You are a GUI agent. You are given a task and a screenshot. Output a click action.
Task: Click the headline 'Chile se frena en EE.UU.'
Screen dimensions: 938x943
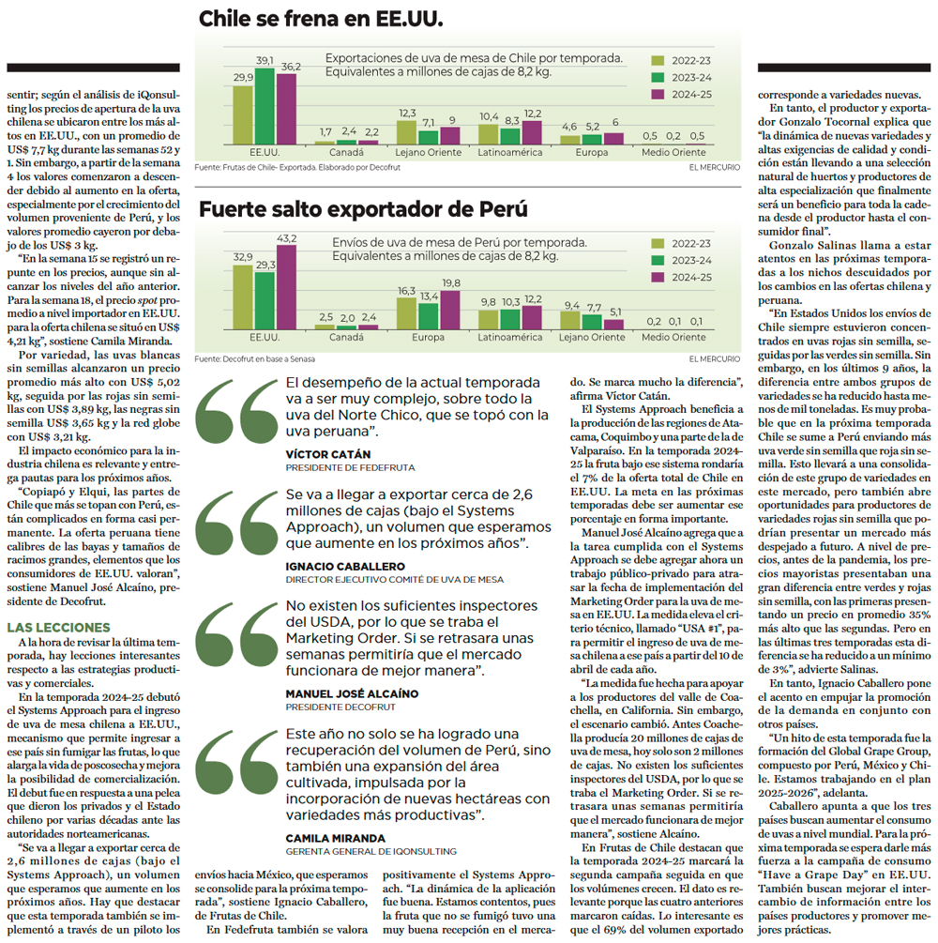click(321, 19)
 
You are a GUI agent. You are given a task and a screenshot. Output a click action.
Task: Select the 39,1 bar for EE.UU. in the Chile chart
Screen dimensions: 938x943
click(265, 106)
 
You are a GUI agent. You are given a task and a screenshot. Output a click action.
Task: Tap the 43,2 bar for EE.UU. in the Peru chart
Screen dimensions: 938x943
click(286, 287)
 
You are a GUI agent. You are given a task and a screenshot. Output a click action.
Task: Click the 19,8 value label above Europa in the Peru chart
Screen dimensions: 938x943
click(451, 282)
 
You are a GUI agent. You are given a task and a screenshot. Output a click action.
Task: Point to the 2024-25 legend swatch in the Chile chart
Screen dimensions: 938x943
click(658, 95)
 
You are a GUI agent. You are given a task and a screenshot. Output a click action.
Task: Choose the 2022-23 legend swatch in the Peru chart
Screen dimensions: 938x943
click(658, 244)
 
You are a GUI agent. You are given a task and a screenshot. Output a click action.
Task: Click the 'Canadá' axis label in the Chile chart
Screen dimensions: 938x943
click(346, 152)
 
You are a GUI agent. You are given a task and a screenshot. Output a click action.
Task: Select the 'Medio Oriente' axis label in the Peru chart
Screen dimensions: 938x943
click(673, 338)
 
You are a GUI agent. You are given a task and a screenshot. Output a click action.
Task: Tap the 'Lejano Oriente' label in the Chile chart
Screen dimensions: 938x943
click(428, 152)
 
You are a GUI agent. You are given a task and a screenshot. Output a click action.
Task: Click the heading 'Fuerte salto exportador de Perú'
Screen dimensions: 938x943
click(363, 209)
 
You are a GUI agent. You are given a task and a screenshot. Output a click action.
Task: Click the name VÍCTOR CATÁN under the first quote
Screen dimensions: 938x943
click(327, 455)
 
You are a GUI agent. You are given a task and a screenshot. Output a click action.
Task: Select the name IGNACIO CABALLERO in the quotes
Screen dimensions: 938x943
click(345, 567)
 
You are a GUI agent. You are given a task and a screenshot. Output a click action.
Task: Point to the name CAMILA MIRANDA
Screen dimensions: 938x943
click(336, 838)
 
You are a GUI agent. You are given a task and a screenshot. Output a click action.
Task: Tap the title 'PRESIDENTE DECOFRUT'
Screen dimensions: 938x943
click(340, 707)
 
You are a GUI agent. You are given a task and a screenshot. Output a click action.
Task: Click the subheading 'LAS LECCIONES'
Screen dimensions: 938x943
click(58, 628)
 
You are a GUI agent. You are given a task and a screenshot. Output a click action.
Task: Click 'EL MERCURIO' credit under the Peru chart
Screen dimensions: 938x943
click(715, 359)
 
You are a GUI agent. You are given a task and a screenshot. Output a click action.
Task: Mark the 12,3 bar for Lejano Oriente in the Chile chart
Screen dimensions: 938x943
click(406, 133)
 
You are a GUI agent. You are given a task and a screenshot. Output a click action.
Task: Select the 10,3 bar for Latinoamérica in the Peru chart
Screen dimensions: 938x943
click(510, 319)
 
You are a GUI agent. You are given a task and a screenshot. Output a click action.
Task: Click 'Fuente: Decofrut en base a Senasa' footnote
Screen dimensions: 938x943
click(254, 359)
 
